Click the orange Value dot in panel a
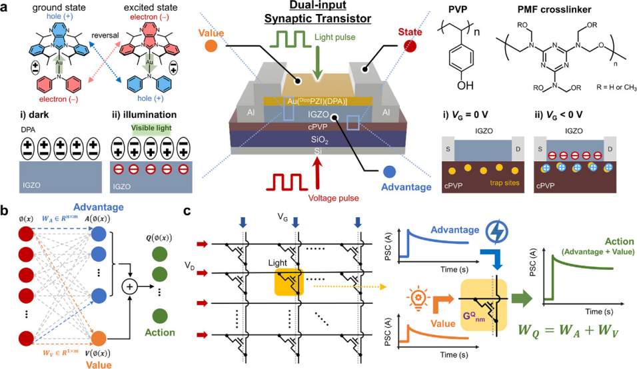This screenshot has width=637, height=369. coord(211,47)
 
